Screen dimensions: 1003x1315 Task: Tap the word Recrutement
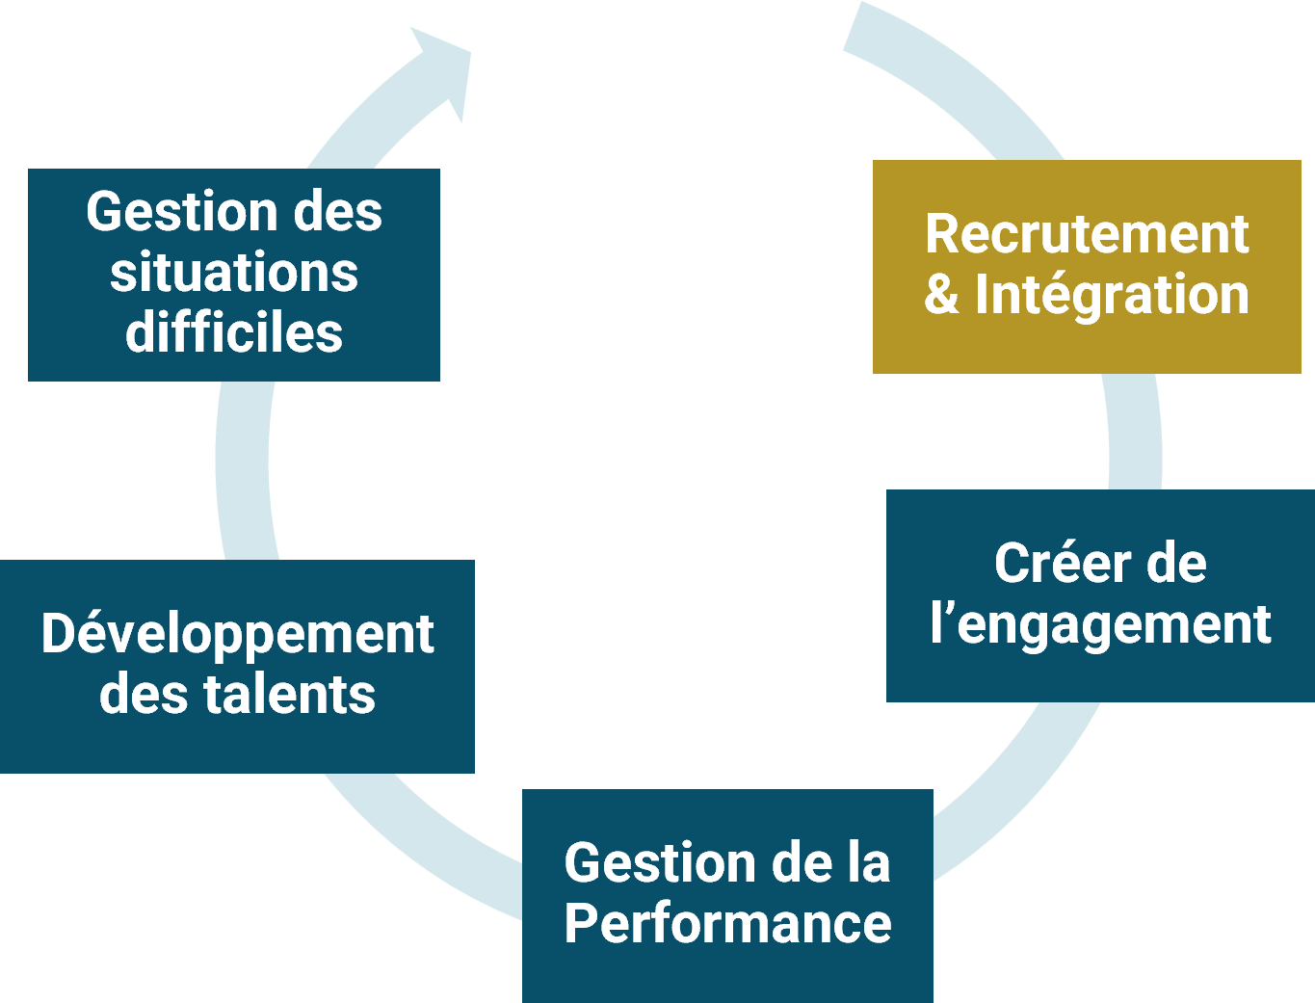pyautogui.click(x=1087, y=233)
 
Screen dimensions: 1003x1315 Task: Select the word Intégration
pyautogui.click(x=1112, y=294)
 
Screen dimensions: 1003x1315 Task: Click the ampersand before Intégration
pyautogui.click(x=941, y=295)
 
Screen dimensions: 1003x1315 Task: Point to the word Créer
pyautogui.click(x=1049, y=564)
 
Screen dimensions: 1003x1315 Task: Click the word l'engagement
pyautogui.click(x=1100, y=625)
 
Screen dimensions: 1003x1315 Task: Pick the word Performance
pyautogui.click(x=727, y=923)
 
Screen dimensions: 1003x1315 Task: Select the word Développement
pyautogui.click(x=237, y=636)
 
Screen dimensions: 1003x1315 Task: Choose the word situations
pyautogui.click(x=234, y=273)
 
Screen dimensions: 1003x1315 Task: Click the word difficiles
pyautogui.click(x=234, y=332)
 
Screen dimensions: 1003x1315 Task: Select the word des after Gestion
pyautogui.click(x=338, y=212)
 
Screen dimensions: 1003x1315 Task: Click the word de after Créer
pyautogui.click(x=1176, y=564)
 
